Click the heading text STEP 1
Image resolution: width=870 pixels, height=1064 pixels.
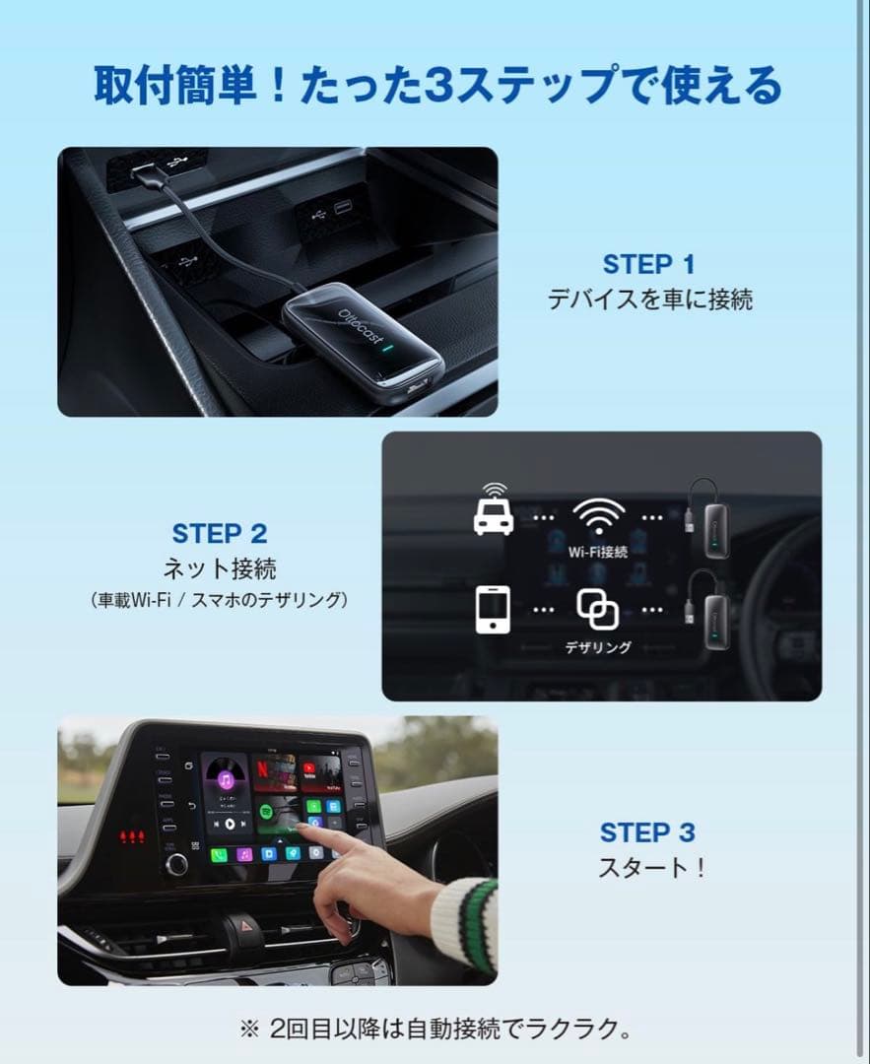(649, 264)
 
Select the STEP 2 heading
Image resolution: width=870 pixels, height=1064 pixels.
(219, 534)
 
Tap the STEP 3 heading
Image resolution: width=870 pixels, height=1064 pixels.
(647, 832)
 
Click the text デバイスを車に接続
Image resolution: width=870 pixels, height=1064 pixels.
(649, 299)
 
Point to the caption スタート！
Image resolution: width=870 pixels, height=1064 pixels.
(651, 869)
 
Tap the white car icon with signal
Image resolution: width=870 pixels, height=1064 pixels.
(493, 510)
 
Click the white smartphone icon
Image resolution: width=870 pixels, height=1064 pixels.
(493, 609)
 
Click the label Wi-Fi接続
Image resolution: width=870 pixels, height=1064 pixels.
(598, 552)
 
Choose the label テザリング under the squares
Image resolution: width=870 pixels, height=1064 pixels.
(598, 647)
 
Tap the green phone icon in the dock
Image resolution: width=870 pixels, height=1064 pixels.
(220, 854)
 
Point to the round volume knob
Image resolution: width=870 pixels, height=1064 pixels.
(177, 864)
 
